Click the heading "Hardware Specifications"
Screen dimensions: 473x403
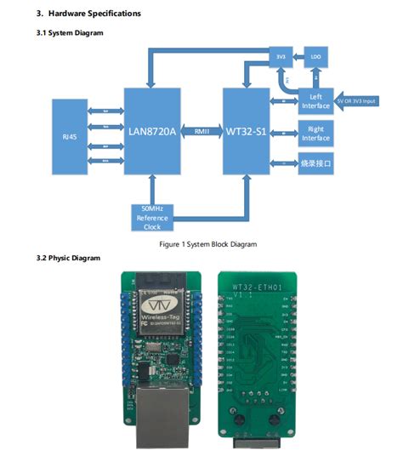pyautogui.click(x=94, y=14)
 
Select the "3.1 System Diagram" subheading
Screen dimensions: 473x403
pyautogui.click(x=70, y=32)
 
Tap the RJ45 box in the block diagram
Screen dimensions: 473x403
pyautogui.click(x=70, y=136)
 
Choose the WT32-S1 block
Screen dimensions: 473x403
pyautogui.click(x=247, y=132)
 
